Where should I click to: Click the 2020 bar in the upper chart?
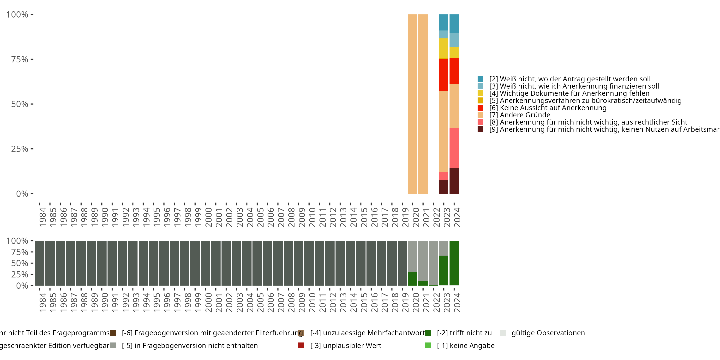[413, 104]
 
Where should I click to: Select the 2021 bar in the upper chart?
[423, 104]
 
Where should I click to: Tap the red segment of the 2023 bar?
[444, 75]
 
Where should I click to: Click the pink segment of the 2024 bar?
[454, 148]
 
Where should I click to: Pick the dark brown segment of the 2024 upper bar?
[454, 180]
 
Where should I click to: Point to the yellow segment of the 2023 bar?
[444, 48]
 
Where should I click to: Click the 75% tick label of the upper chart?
[20, 59]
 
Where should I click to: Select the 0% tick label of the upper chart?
[22, 194]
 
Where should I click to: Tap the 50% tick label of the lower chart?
[20, 263]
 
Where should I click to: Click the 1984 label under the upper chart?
[42, 217]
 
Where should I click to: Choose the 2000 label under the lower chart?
[209, 303]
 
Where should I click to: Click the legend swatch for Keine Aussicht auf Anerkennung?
[480, 108]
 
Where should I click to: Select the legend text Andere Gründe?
[525, 115]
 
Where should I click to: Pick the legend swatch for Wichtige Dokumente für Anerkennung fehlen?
[480, 93]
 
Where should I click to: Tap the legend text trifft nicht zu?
[464, 333]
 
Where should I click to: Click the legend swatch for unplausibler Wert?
[301, 345]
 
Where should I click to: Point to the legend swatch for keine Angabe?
[428, 345]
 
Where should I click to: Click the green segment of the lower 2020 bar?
[413, 279]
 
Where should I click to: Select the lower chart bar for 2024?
[454, 263]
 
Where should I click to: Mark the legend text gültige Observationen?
[548, 333]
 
